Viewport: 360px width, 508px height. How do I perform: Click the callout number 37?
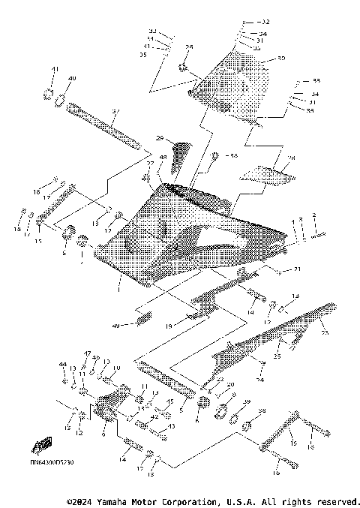coord(115,111)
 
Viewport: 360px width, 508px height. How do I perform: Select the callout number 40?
coord(72,79)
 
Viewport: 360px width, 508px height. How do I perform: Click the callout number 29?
coord(159,138)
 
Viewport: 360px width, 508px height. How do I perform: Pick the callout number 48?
coord(163,158)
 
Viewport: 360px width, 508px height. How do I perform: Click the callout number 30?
coord(281,58)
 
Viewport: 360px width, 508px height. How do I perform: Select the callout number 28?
coord(292,158)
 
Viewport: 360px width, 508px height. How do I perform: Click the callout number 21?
coord(297,269)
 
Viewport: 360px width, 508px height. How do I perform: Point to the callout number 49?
coord(116,326)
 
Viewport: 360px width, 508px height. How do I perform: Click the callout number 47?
coord(87,353)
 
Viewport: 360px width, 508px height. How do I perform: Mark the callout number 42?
coord(154,415)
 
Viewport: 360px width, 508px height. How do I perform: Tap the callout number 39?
coord(245,402)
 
